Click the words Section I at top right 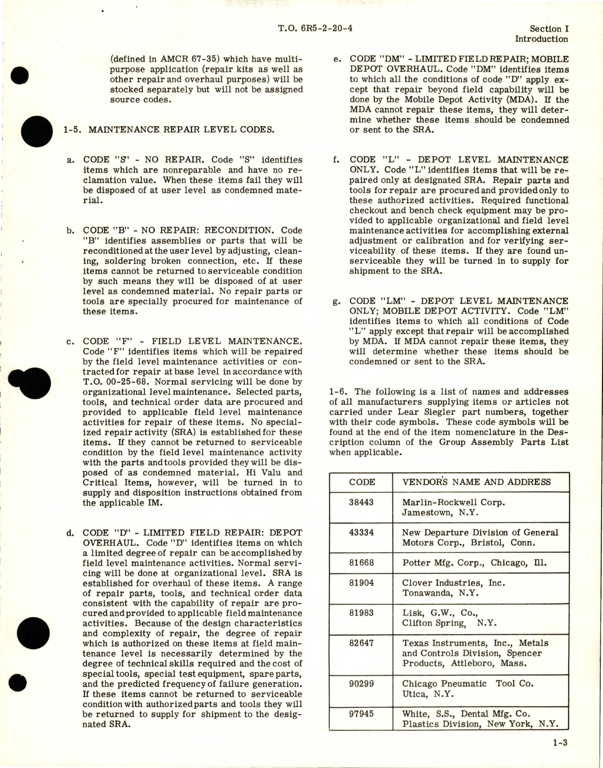click(x=546, y=29)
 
